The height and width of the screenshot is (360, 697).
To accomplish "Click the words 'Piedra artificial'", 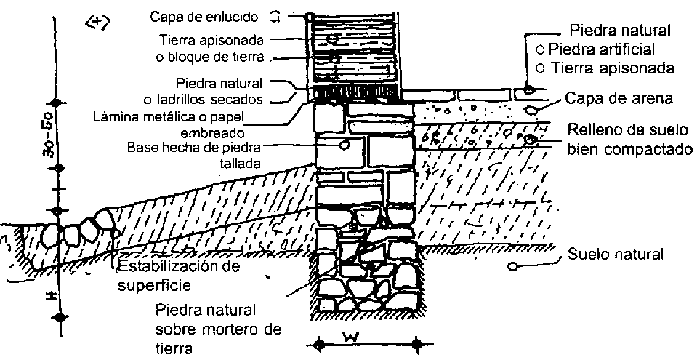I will coord(601,49).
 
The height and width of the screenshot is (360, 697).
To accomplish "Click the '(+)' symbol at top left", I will coord(97,22).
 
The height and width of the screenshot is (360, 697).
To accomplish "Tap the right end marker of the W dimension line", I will coord(416,342).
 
